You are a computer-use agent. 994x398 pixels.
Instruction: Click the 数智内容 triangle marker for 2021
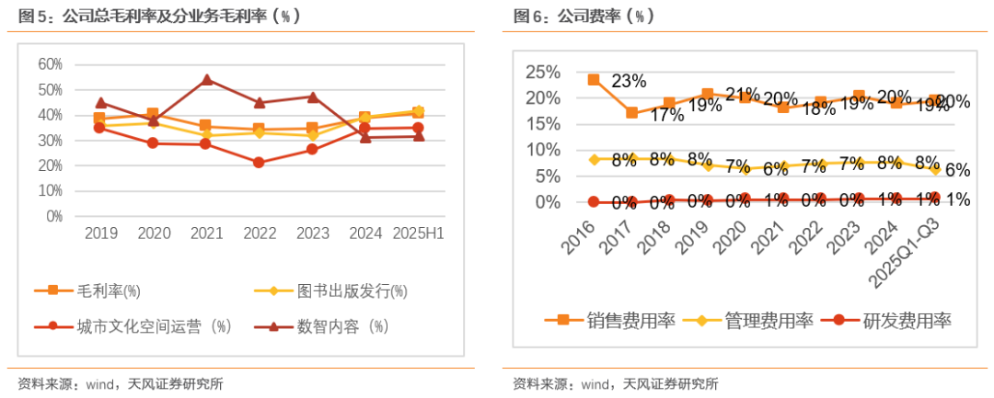(207, 80)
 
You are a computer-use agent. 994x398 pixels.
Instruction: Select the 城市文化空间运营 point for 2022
(259, 163)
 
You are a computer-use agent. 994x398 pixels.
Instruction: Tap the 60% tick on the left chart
(50, 64)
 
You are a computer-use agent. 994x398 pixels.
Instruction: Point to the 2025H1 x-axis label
(419, 234)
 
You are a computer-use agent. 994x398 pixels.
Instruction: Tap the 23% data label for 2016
(629, 81)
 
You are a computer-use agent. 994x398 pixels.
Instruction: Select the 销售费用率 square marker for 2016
(594, 80)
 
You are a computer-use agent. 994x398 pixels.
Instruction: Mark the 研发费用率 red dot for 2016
(594, 201)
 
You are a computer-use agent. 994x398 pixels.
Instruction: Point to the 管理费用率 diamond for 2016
(594, 159)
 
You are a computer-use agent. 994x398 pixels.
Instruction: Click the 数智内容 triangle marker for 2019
(100, 103)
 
